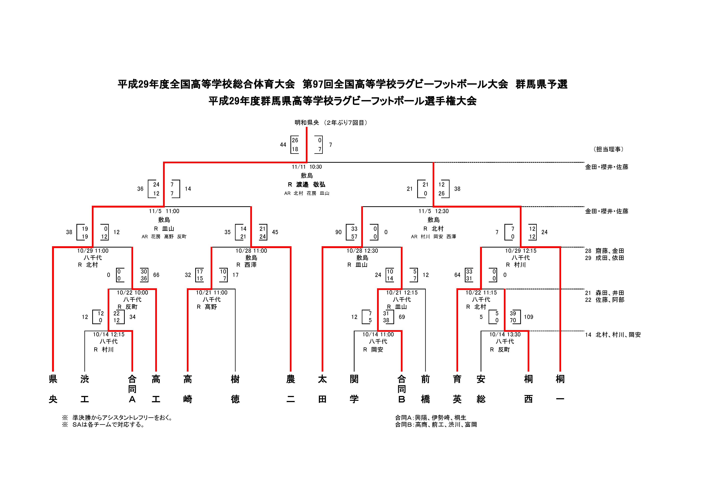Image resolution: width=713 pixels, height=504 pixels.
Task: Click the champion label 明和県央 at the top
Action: (307, 123)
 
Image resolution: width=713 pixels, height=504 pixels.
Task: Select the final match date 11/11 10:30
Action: (307, 167)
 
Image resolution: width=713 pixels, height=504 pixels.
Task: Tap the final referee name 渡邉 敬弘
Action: (310, 184)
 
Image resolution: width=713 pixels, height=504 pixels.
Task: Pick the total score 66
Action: (156, 275)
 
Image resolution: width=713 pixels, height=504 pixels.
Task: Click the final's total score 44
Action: (283, 145)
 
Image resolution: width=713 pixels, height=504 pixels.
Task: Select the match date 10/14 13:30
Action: (505, 335)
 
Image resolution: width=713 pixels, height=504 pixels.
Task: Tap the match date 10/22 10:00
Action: (132, 293)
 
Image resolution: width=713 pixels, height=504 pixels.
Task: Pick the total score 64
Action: (457, 275)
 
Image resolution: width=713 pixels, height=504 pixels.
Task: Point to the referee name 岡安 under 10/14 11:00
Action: (377, 350)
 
